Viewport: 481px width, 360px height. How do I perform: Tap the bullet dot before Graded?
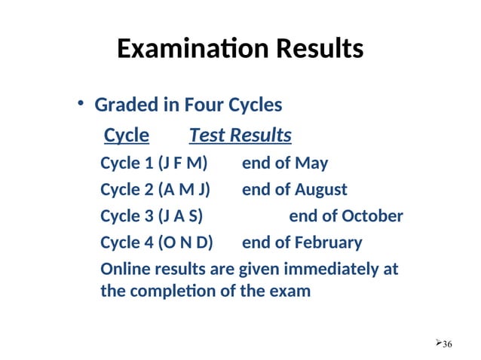[81, 104]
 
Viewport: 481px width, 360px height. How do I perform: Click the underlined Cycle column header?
[126, 136]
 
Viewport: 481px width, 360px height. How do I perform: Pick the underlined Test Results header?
[240, 136]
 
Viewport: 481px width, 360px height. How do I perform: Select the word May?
[311, 163]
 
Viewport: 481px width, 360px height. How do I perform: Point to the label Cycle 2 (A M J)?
[155, 190]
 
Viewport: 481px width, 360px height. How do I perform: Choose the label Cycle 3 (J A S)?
[152, 217]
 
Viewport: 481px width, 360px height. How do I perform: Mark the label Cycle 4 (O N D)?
[157, 243]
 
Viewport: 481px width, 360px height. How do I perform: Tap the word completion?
[173, 291]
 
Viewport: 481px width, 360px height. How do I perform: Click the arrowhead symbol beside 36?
[438, 343]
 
